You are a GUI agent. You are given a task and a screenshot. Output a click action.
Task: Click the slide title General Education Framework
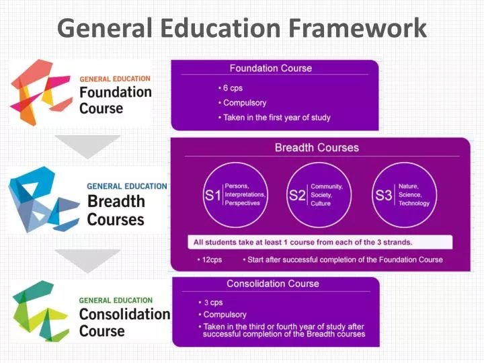(x=242, y=28)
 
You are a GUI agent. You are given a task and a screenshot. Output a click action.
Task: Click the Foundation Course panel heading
(x=270, y=68)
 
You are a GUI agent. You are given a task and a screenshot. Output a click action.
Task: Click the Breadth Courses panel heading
(x=317, y=148)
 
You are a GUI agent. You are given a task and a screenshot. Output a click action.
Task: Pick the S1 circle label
(x=213, y=195)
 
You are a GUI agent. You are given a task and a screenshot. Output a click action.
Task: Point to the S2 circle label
(x=297, y=195)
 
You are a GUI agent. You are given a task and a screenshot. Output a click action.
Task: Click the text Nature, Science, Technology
(x=413, y=194)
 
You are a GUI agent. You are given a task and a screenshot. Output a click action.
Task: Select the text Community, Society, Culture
(x=327, y=194)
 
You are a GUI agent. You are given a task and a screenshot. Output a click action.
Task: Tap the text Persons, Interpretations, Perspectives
(x=245, y=194)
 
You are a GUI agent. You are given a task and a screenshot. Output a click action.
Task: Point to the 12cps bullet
(x=212, y=259)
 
